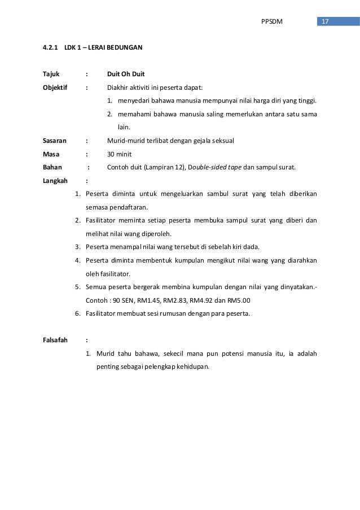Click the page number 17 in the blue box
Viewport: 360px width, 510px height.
click(x=324, y=21)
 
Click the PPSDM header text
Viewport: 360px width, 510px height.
click(x=272, y=21)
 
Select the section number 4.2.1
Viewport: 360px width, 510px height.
click(x=51, y=47)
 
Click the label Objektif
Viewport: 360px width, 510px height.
click(x=55, y=88)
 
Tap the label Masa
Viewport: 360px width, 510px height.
click(x=51, y=154)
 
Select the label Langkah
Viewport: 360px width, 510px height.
click(x=55, y=181)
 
